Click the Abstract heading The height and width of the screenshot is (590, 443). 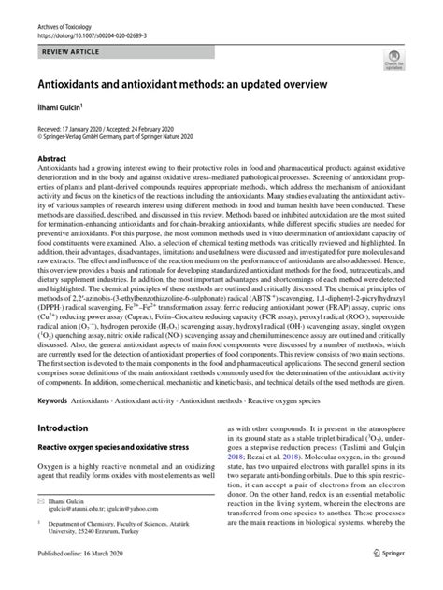click(x=53, y=158)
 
